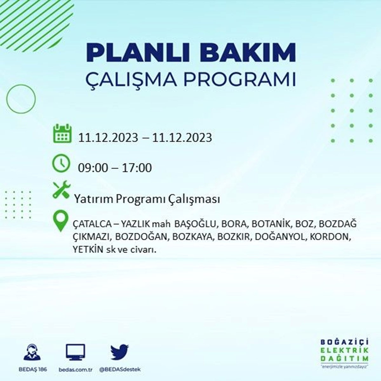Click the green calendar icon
pyautogui.click(x=62, y=133)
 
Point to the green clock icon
pyautogui.click(x=61, y=164)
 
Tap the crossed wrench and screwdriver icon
pyautogui.click(x=62, y=190)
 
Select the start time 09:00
pyautogui.click(x=93, y=168)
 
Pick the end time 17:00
pyautogui.click(x=137, y=168)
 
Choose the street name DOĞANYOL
pyautogui.click(x=280, y=237)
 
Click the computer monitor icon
pyautogui.click(x=75, y=352)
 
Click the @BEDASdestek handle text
pyautogui.click(x=120, y=370)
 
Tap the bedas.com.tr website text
pyautogui.click(x=76, y=370)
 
